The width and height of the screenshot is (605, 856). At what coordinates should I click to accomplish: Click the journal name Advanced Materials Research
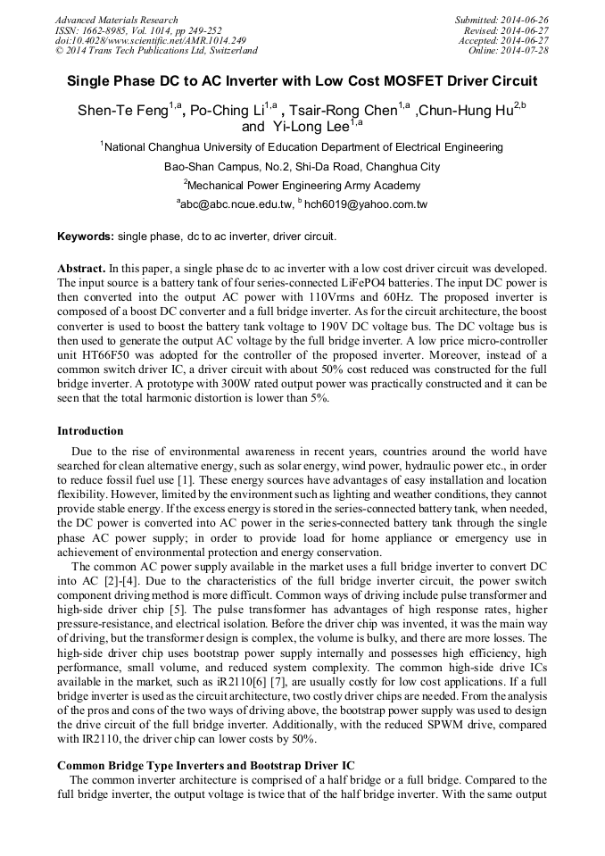116,20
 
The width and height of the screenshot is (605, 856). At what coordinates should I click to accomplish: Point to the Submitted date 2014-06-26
501,20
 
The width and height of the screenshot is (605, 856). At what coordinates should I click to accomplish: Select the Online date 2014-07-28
508,51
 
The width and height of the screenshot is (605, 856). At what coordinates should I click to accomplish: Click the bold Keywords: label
86,237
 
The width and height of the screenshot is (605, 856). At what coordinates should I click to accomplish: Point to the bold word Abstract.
80,268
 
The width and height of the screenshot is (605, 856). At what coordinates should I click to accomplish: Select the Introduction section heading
90,431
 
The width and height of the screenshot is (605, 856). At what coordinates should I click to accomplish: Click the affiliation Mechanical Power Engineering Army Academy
303,186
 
